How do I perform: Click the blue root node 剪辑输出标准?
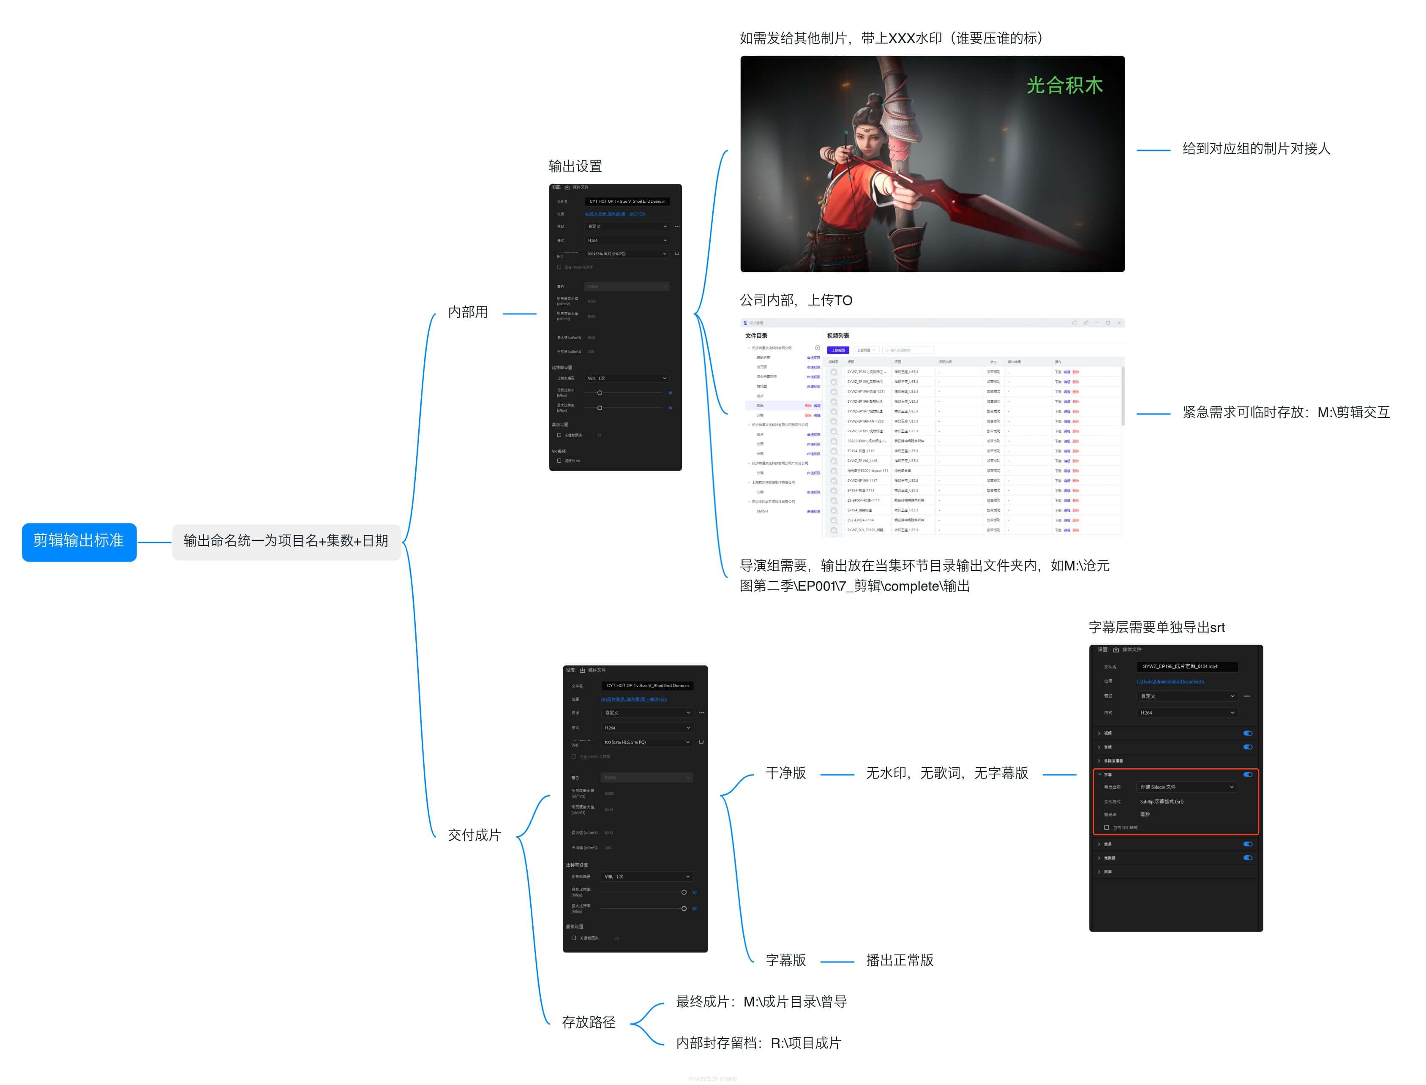(79, 541)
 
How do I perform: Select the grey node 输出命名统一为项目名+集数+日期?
(286, 541)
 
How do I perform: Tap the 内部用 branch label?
(468, 313)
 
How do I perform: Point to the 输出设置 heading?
(575, 166)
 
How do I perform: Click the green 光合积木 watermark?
(1064, 85)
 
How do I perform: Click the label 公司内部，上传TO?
(796, 301)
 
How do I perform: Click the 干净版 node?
(785, 774)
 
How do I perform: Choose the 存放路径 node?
(588, 1023)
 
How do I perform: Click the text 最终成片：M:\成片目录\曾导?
(761, 1002)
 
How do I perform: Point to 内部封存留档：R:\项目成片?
(758, 1044)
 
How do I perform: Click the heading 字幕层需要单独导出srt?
(1156, 628)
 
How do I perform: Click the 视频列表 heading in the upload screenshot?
(838, 336)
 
